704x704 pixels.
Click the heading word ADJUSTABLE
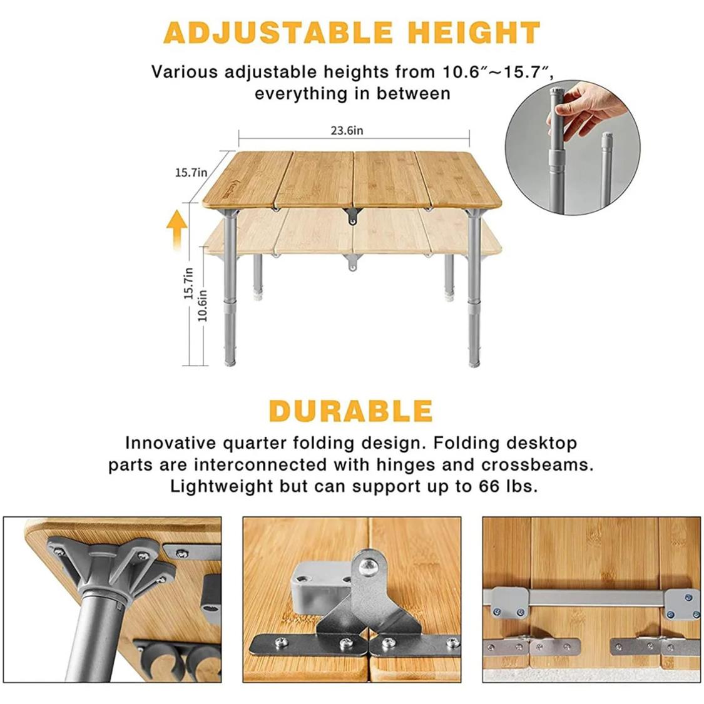(x=278, y=33)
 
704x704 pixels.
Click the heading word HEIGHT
(x=474, y=33)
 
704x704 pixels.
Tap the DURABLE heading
(x=350, y=411)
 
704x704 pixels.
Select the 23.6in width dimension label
(x=347, y=131)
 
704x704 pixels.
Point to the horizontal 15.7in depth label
(x=191, y=173)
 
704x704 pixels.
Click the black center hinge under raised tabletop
(x=352, y=217)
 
